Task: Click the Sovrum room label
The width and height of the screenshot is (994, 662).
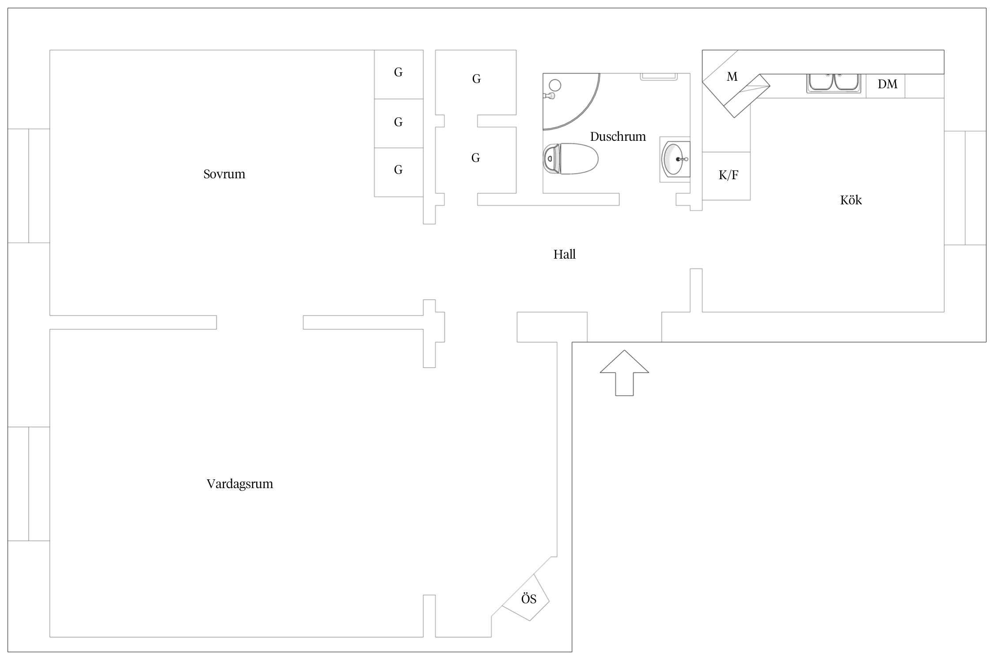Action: click(x=224, y=174)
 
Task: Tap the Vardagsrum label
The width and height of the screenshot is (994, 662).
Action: click(x=240, y=484)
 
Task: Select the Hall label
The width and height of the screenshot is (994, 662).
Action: click(x=565, y=254)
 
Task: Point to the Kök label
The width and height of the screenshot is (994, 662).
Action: click(x=851, y=200)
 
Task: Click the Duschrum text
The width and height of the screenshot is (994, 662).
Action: click(x=618, y=136)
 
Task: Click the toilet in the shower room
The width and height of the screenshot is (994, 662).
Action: click(x=570, y=159)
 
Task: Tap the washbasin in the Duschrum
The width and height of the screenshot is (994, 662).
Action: click(x=675, y=159)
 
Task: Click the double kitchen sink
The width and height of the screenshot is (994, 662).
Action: click(x=834, y=83)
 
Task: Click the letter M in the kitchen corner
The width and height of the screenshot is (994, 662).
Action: click(x=732, y=77)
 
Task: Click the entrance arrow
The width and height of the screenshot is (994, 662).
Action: click(x=624, y=373)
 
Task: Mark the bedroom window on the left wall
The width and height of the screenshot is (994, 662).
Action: click(x=29, y=186)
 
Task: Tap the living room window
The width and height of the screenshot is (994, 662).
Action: click(x=29, y=484)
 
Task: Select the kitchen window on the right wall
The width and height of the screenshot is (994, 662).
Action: click(x=965, y=188)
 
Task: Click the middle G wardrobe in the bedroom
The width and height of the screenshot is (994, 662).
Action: click(x=399, y=124)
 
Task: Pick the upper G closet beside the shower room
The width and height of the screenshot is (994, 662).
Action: click(x=476, y=82)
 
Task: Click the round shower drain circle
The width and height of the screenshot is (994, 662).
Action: click(x=555, y=85)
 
